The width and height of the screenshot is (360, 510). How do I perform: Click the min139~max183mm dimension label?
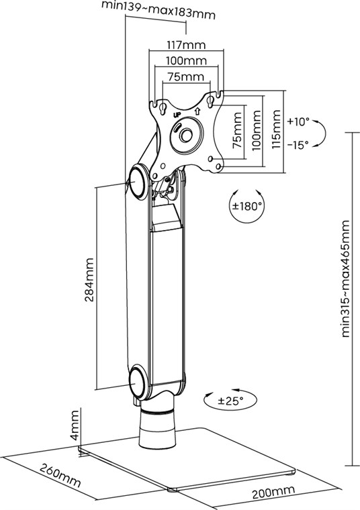(159, 10)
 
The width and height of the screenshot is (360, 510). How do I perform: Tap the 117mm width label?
(186, 45)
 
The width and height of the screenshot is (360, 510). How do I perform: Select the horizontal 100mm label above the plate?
(186, 60)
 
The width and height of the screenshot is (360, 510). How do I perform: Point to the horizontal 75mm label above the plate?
(186, 76)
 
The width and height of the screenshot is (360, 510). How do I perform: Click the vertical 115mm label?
(276, 129)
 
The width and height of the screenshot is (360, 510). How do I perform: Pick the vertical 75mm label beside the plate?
(237, 130)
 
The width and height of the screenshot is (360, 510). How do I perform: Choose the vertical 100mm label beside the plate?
(257, 130)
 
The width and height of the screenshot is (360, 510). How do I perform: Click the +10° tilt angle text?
(298, 122)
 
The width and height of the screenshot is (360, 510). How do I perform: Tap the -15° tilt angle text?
(298, 145)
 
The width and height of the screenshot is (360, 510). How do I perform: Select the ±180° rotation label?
(246, 206)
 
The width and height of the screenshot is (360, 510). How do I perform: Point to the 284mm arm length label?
(89, 280)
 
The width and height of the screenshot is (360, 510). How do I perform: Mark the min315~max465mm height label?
(345, 278)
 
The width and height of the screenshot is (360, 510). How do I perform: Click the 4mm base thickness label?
(75, 425)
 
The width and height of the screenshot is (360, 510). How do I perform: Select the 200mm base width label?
(273, 491)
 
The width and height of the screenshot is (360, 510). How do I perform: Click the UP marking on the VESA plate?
(177, 115)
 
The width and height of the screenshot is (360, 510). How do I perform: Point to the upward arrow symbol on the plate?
(197, 111)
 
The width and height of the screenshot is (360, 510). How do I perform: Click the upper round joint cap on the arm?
(138, 182)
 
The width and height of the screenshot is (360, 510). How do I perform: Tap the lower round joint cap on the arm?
(138, 382)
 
